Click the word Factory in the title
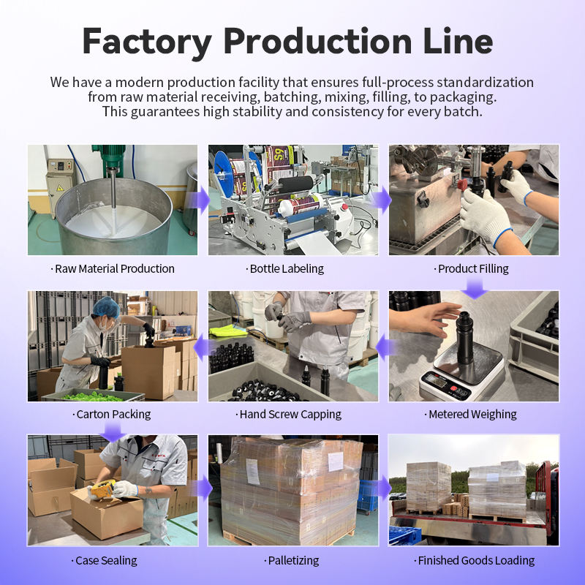point(147,42)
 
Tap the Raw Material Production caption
point(113,268)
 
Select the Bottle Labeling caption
point(284,268)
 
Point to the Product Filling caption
point(471,268)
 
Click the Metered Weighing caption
point(470,414)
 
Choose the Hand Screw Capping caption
point(288,414)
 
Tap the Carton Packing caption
point(112,414)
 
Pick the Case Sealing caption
point(104,560)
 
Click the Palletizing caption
point(291,560)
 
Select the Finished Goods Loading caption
point(474,560)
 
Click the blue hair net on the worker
point(106,307)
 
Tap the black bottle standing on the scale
point(464,338)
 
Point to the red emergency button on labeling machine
point(344,207)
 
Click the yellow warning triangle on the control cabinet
point(60,188)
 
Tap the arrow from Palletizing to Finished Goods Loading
point(382,487)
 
